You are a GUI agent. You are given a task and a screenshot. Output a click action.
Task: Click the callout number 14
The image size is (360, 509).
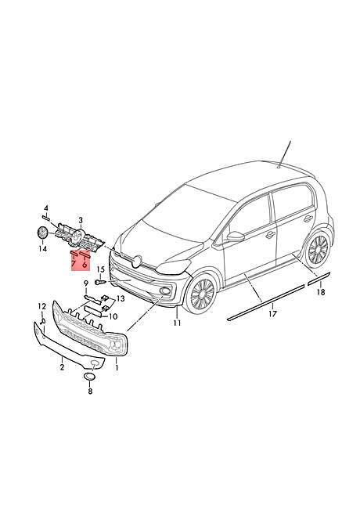point(43,248)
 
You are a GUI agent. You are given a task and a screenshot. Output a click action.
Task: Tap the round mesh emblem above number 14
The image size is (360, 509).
point(41,233)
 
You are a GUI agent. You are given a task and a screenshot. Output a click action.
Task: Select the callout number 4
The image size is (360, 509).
point(46,208)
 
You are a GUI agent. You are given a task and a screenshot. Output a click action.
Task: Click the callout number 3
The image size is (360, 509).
point(81,221)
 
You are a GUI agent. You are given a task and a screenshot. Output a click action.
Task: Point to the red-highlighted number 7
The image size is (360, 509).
point(74,265)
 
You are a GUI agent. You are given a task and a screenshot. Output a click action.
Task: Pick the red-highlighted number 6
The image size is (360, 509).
point(85,265)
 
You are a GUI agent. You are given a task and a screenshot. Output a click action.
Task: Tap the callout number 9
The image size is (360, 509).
point(86,283)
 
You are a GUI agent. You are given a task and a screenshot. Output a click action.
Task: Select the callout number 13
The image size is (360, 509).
point(121,298)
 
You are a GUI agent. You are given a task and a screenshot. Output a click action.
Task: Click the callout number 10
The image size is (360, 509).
point(113,316)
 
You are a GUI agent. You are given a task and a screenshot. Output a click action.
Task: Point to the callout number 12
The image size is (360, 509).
point(42,305)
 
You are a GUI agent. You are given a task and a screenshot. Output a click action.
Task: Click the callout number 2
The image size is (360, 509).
point(62,367)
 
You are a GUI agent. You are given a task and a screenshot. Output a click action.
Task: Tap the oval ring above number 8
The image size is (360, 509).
point(89,376)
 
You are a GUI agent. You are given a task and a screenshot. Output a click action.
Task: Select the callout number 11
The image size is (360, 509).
point(177,323)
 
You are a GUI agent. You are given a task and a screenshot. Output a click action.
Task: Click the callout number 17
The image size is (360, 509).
point(273,313)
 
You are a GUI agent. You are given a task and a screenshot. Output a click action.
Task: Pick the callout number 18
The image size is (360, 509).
point(321,292)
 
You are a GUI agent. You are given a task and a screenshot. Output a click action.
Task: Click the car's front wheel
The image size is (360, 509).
point(202,293)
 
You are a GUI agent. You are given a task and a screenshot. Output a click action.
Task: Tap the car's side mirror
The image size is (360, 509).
point(236,236)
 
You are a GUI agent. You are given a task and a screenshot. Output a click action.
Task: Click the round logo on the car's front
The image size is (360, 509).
point(137,262)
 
